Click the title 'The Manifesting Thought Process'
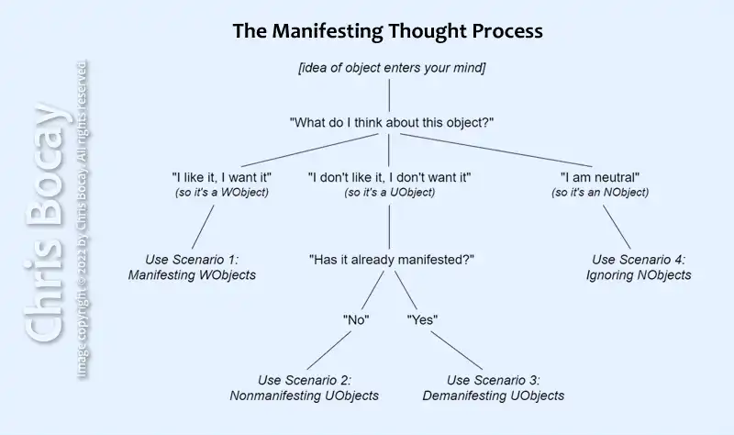point(387,31)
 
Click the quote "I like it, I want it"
point(221,176)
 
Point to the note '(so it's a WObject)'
point(221,192)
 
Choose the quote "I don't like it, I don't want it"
point(389,176)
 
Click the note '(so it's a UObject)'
point(389,192)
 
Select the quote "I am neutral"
point(600,176)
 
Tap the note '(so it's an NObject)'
point(600,192)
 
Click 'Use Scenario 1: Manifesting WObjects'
point(192,266)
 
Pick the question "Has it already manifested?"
point(391,260)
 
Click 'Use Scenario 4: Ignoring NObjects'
point(639,266)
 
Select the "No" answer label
point(355,320)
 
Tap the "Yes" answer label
point(422,320)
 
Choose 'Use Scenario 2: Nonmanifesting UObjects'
point(304,387)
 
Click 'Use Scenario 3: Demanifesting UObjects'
point(493,387)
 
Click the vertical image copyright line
point(82,220)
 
